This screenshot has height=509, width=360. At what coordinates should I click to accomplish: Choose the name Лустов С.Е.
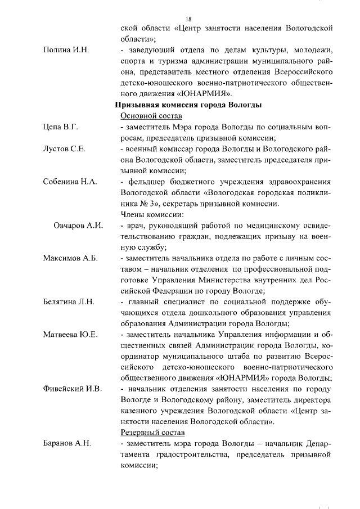tap(64, 149)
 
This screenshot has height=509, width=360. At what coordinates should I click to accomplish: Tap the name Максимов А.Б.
tap(70, 258)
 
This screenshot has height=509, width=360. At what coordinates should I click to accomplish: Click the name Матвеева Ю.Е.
tap(70, 334)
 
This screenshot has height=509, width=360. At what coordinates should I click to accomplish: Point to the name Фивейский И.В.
tap(72, 389)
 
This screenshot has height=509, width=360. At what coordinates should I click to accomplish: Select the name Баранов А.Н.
tap(67, 443)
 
